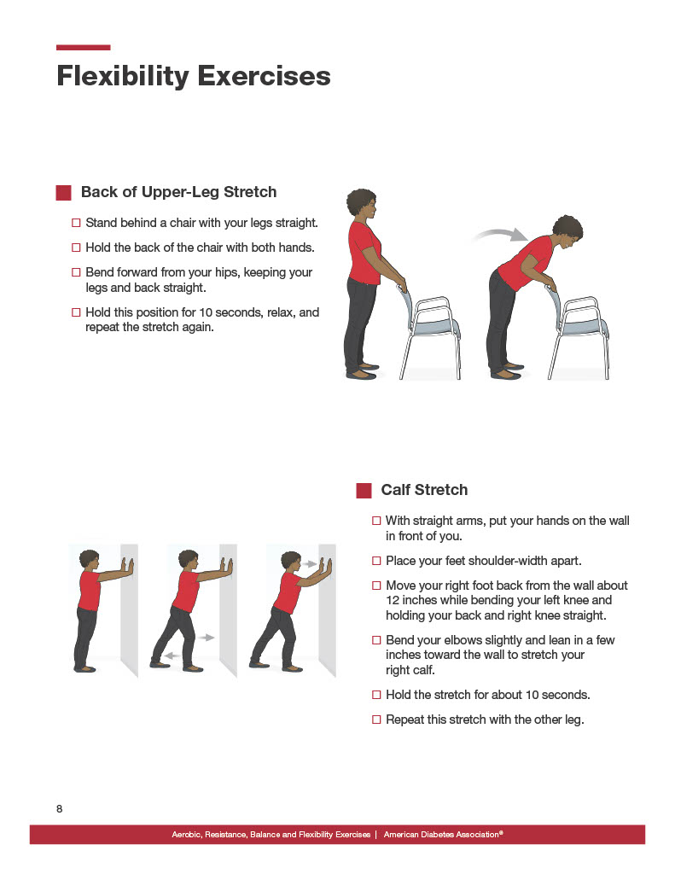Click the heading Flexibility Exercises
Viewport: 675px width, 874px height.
click(193, 76)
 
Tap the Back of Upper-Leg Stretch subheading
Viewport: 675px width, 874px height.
click(178, 192)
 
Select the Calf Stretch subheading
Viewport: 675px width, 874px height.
click(424, 490)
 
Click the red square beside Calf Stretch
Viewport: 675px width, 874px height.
click(364, 490)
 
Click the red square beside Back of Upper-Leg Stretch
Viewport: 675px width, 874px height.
click(63, 193)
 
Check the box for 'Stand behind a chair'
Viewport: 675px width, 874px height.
click(77, 223)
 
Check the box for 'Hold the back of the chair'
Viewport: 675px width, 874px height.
click(77, 248)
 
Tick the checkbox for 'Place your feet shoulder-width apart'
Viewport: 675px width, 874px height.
click(377, 561)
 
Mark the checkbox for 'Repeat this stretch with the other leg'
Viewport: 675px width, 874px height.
click(377, 720)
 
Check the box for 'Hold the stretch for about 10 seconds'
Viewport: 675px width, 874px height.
click(377, 695)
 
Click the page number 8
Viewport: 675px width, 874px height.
click(60, 808)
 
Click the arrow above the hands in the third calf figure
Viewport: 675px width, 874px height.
click(309, 563)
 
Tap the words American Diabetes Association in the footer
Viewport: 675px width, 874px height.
click(441, 834)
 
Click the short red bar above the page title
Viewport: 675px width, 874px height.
click(83, 48)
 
